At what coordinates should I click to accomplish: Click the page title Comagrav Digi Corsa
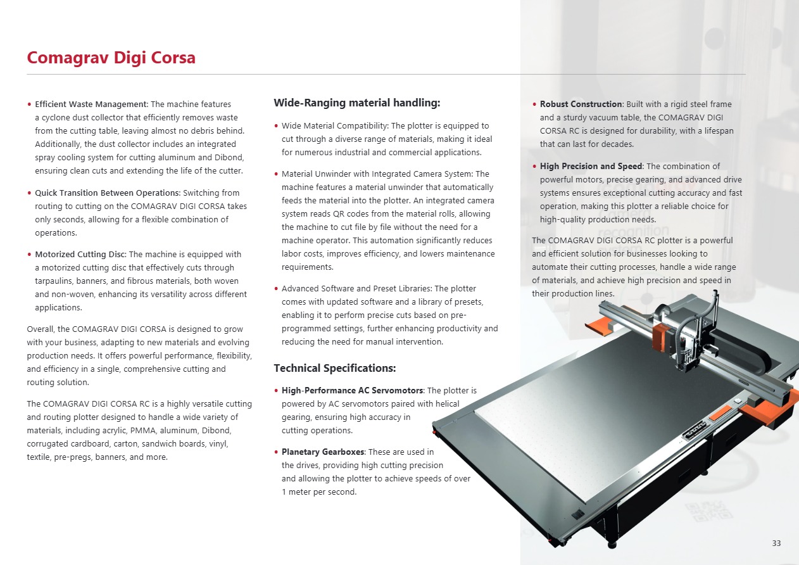click(111, 58)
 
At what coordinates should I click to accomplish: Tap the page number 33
click(777, 543)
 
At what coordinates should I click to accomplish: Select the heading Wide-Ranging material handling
click(356, 103)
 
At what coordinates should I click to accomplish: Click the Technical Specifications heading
click(334, 368)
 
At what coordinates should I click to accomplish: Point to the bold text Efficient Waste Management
click(91, 104)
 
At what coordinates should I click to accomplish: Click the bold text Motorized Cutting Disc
click(80, 255)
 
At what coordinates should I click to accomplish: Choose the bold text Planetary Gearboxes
click(323, 452)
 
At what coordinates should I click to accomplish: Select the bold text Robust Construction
click(581, 104)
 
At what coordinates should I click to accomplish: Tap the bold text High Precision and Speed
click(591, 166)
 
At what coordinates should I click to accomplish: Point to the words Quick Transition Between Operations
click(107, 193)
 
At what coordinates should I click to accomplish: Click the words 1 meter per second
click(319, 492)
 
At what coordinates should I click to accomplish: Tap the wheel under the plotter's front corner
click(612, 545)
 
